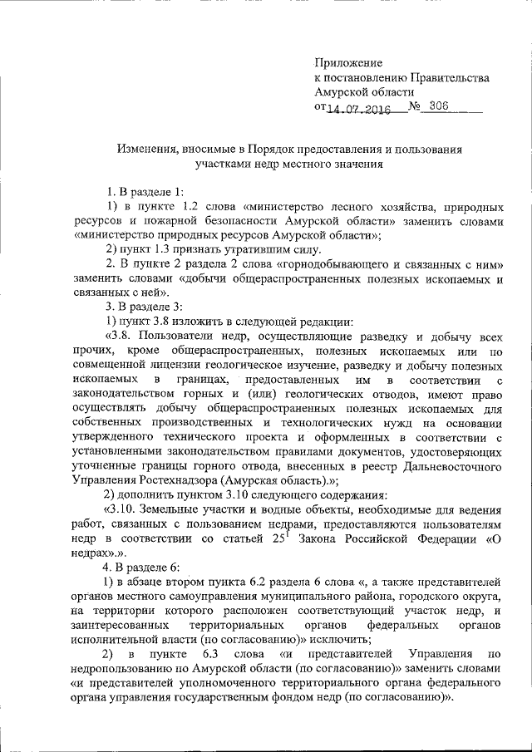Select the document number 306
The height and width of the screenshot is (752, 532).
point(442,107)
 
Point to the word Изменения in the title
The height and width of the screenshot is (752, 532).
point(145,149)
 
